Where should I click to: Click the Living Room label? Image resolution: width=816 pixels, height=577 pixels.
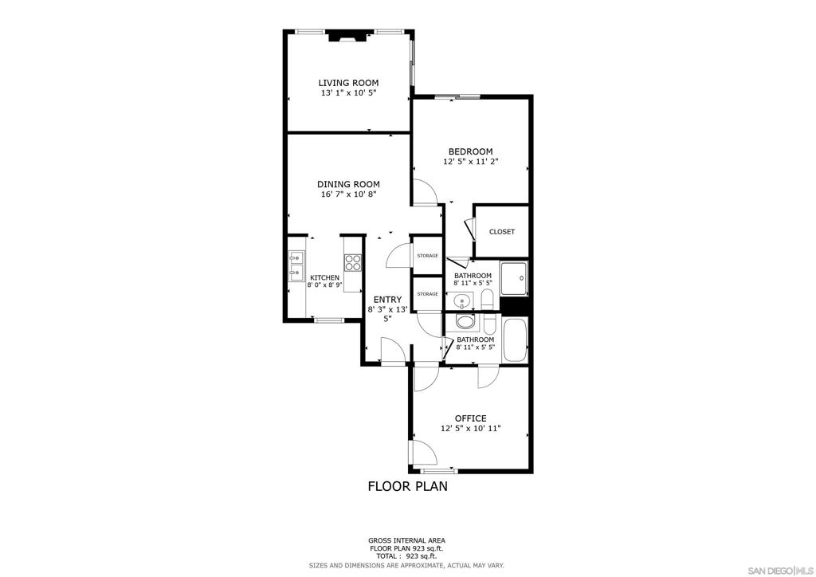click(348, 83)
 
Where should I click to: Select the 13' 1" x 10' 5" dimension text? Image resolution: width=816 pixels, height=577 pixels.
click(348, 93)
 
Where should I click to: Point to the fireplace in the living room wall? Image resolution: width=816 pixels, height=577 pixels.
click(348, 35)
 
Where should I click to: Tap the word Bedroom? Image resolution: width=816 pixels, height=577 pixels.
click(470, 151)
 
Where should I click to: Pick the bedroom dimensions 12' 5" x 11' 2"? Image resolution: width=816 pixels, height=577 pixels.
click(470, 162)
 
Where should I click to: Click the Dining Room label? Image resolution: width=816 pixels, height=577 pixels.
click(348, 184)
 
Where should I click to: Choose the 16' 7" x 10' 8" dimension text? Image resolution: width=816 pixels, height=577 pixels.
click(348, 194)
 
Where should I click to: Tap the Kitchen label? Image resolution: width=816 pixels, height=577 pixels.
click(324, 277)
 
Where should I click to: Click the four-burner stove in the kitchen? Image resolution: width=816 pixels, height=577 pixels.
click(353, 262)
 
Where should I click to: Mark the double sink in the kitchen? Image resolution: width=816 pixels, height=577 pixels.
click(296, 265)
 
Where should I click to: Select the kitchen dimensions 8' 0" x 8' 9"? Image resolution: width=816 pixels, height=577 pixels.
click(324, 285)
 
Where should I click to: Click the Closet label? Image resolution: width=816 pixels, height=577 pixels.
click(502, 232)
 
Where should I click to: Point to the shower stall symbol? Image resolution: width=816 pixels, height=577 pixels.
click(514, 278)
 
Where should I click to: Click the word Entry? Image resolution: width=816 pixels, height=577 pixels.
click(387, 300)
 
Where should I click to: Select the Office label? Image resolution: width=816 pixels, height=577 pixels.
click(470, 418)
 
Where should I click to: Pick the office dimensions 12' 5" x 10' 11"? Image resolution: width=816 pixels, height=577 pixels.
click(470, 429)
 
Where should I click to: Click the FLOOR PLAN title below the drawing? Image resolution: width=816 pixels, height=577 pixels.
click(407, 485)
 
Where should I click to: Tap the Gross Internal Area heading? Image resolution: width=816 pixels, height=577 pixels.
click(406, 540)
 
